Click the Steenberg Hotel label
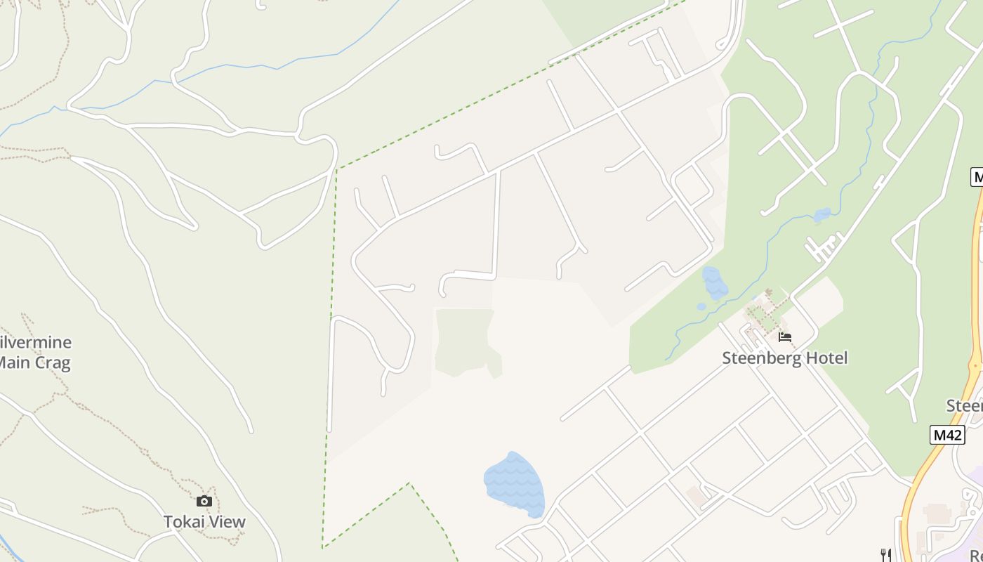[785, 358]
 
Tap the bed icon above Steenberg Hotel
[785, 337]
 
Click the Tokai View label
[204, 521]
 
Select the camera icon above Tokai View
[204, 501]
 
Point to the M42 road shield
[947, 435]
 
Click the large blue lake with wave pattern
[514, 484]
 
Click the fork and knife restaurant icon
[886, 555]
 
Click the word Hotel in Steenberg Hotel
[826, 358]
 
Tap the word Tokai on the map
[183, 521]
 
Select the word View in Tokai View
[226, 521]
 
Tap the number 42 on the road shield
[952, 435]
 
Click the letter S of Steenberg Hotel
[727, 358]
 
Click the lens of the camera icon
[204, 502]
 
